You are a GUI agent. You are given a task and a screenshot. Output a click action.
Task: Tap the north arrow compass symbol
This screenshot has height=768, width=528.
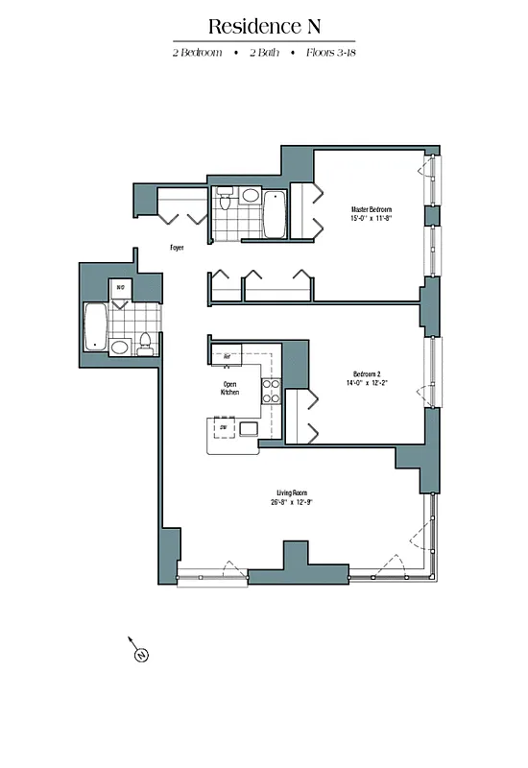coord(140,656)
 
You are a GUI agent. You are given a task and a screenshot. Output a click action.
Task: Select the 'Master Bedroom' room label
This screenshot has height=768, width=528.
coord(372,209)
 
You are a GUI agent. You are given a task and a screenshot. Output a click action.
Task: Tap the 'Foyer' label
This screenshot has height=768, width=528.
coord(177,248)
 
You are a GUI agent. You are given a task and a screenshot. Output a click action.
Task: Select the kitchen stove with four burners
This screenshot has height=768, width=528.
coord(271,391)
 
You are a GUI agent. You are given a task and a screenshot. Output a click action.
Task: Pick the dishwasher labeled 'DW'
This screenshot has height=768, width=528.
coord(224,427)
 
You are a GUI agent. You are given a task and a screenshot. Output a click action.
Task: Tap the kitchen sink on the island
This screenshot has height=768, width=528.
coord(249,428)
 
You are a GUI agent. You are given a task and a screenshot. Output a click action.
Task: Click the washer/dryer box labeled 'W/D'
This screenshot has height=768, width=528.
coord(121,287)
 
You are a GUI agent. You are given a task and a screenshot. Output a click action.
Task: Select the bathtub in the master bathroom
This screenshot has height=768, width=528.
coord(275,214)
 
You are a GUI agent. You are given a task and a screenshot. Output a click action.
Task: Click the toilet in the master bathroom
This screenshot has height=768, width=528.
coord(224,200)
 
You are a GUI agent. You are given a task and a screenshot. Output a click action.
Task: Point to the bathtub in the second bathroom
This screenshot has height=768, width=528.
coord(95,327)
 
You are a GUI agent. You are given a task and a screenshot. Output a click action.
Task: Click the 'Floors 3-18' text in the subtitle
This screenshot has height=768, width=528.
coord(330,52)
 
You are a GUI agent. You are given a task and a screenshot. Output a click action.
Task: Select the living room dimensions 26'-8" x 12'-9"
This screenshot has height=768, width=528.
coord(292,503)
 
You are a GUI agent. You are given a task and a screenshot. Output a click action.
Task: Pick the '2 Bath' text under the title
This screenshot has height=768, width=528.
coord(264,52)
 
